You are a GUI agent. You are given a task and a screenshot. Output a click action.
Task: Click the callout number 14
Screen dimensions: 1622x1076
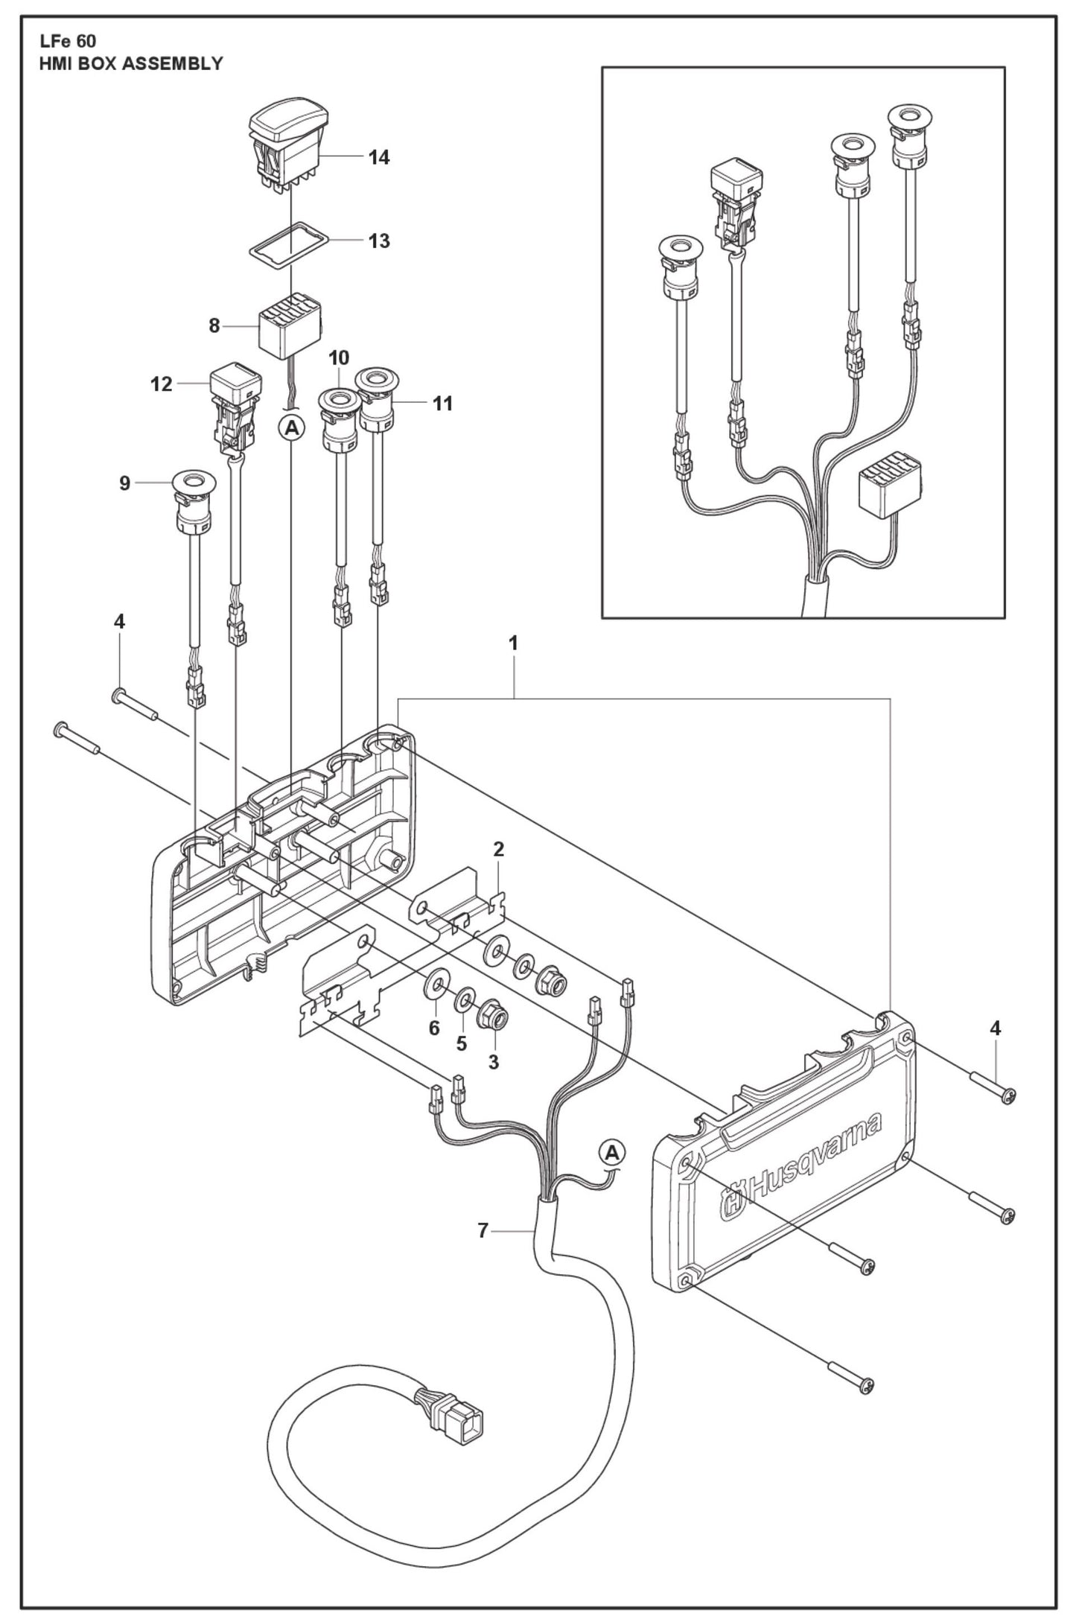click(379, 157)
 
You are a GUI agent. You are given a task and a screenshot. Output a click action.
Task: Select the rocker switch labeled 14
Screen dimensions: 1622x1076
click(288, 145)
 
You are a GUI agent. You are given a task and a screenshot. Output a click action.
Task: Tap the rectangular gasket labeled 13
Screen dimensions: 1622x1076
click(288, 241)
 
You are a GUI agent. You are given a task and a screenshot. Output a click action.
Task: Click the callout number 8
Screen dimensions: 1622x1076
click(214, 325)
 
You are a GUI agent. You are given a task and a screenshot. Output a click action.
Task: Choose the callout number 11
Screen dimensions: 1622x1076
click(442, 403)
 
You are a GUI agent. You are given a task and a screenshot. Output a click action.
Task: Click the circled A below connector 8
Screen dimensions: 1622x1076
click(292, 427)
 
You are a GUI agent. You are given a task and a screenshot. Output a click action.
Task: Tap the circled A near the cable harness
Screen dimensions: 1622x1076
click(612, 1153)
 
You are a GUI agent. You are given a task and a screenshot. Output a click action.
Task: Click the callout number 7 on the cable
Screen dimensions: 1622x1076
click(483, 1231)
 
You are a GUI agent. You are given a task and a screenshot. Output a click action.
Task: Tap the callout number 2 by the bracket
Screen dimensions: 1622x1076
click(498, 848)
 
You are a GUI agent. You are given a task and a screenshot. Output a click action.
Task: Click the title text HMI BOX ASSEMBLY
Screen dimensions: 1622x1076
click(131, 63)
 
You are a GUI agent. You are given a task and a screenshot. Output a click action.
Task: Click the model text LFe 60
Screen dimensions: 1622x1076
click(68, 42)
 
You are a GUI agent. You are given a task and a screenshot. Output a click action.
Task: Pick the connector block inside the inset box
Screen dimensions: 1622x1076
click(891, 487)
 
